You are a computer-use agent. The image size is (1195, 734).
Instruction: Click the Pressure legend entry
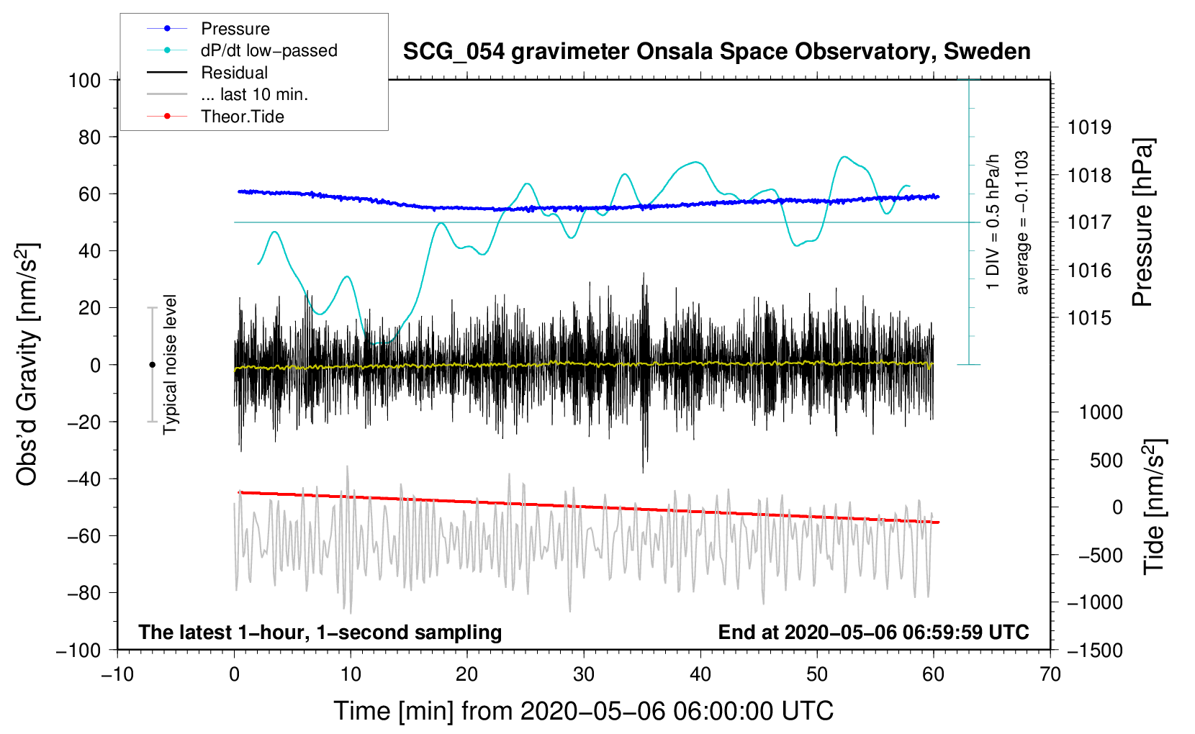coord(208,28)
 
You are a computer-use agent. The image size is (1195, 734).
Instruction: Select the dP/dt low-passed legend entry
coord(242,50)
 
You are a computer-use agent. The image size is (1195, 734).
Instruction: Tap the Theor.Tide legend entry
coord(215,117)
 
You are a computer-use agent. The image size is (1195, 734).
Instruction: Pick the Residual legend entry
coord(207,73)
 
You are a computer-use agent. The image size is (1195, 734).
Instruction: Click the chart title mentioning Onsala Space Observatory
coord(716,52)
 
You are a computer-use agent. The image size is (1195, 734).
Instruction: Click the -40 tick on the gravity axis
coord(84,479)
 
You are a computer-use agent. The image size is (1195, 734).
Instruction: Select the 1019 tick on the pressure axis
coord(1089,127)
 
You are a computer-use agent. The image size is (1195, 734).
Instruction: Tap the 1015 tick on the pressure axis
coord(1089,319)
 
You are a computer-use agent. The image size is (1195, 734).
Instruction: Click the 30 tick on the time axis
coord(584,675)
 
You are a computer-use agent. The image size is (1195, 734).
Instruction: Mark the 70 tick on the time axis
coord(1050,675)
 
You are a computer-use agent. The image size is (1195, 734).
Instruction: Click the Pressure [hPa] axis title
coord(1142,222)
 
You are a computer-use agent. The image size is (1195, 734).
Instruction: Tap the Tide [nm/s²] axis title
coord(1155,507)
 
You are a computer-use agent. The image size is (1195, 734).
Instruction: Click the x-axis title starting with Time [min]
coord(584,711)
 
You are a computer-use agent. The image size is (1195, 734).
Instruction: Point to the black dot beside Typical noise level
coord(152,365)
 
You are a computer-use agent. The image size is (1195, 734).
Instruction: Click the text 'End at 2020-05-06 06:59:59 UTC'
coord(873,632)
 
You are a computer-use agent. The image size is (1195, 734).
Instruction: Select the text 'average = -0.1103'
coord(1021,222)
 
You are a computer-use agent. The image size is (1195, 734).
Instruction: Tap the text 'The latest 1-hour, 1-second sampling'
coord(320,633)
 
